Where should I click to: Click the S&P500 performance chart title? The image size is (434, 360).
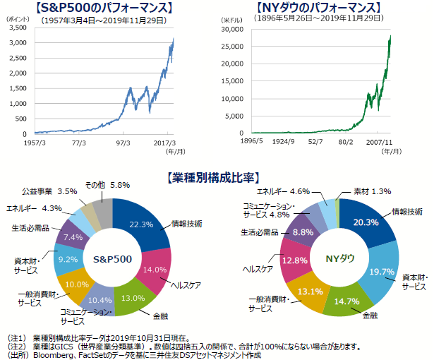(x=107, y=8)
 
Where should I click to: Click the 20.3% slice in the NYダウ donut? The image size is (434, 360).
(x=365, y=222)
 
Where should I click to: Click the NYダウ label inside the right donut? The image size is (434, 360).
(x=338, y=258)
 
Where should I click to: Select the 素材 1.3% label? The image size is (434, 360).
(x=371, y=191)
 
